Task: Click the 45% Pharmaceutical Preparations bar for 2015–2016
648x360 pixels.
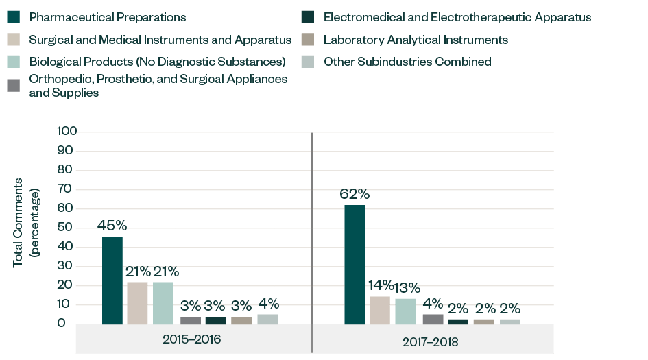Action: click(x=112, y=280)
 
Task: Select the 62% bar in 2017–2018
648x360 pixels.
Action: click(x=355, y=265)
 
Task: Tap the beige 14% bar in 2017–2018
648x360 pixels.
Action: click(x=380, y=310)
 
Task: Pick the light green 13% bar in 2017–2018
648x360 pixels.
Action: click(x=405, y=311)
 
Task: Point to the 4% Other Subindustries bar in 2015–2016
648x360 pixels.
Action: click(x=267, y=319)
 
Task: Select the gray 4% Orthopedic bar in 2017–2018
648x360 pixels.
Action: click(x=432, y=319)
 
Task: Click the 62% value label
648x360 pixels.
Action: click(x=355, y=195)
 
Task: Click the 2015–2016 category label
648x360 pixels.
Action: click(x=192, y=339)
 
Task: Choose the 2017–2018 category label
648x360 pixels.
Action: click(x=430, y=341)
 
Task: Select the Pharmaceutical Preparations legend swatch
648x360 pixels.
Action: click(x=14, y=17)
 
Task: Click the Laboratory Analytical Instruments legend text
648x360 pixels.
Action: click(x=416, y=40)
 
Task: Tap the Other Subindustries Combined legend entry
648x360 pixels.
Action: click(x=407, y=62)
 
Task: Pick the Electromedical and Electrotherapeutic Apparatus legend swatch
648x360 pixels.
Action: click(x=308, y=17)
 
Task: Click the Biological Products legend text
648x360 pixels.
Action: click(x=157, y=62)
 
